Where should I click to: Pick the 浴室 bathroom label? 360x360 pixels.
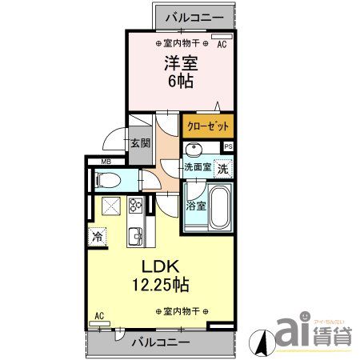pyautogui.click(x=195, y=205)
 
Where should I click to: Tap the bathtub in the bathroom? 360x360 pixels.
pyautogui.click(x=218, y=207)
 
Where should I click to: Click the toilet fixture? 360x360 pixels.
pyautogui.click(x=110, y=180)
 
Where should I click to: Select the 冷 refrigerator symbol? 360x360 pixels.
pyautogui.click(x=98, y=237)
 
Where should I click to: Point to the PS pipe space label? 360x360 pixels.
pyautogui.click(x=229, y=146)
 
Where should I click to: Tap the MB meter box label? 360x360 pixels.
pyautogui.click(x=104, y=162)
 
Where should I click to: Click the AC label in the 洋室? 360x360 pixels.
pyautogui.click(x=222, y=46)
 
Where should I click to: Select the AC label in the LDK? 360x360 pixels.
pyautogui.click(x=99, y=315)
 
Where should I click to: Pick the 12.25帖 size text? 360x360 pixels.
pyautogui.click(x=161, y=284)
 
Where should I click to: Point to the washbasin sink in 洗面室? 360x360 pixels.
pyautogui.click(x=193, y=150)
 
